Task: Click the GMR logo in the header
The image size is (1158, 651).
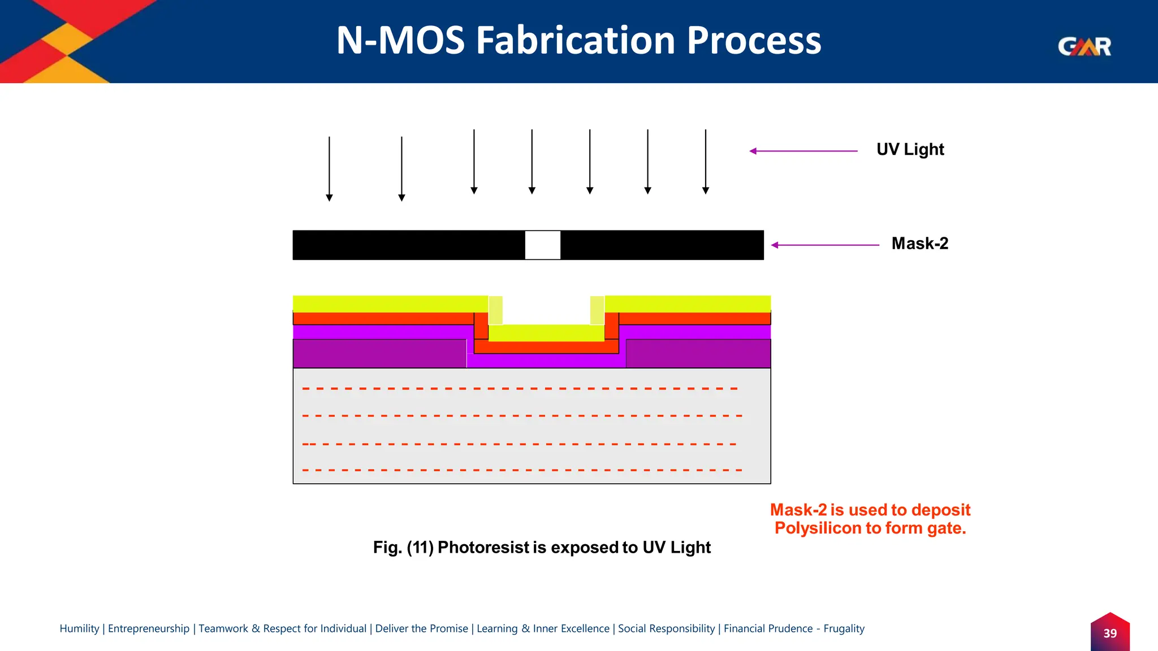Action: point(1084,46)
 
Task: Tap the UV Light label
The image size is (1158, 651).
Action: point(910,149)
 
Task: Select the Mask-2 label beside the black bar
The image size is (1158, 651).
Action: point(919,244)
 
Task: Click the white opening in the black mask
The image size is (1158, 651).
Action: point(542,245)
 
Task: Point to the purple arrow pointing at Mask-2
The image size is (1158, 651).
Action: point(825,245)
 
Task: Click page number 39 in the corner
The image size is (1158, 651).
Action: point(1110,633)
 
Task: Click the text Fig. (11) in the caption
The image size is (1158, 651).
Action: point(403,547)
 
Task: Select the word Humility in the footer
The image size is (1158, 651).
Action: point(79,628)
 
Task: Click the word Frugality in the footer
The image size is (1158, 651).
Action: point(844,628)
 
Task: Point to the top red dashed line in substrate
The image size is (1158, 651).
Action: point(520,389)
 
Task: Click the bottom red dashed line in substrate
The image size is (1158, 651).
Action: point(520,470)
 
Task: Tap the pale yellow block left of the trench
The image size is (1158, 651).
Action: point(495,310)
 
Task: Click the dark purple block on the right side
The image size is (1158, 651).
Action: point(698,354)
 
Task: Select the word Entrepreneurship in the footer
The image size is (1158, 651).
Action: point(149,628)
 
